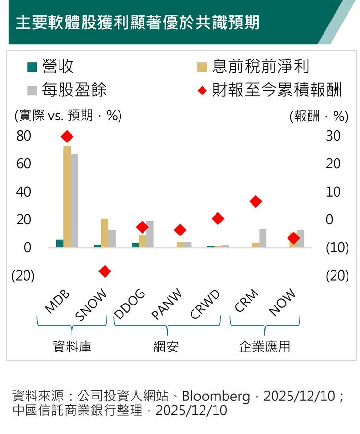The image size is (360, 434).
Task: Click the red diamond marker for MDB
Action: pyautogui.click(x=67, y=137)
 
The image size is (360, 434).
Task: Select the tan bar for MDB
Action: pyautogui.click(x=67, y=197)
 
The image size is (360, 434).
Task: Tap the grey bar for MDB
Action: pyautogui.click(x=74, y=201)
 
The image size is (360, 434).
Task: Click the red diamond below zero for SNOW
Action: pyautogui.click(x=105, y=271)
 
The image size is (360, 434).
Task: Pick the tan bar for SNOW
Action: pyautogui.click(x=105, y=233)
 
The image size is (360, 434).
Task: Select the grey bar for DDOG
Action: pyautogui.click(x=150, y=234)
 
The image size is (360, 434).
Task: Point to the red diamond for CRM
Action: pyautogui.click(x=256, y=201)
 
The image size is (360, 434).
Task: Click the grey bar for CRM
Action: pyautogui.click(x=263, y=238)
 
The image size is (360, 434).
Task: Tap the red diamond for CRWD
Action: pyautogui.click(x=218, y=219)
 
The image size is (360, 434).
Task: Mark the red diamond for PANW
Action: pyautogui.click(x=180, y=230)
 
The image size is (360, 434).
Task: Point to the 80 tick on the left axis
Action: pyautogui.click(x=24, y=136)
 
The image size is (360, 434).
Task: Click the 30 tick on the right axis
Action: pyautogui.click(x=333, y=136)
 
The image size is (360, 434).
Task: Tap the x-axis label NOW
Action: pyautogui.click(x=282, y=303)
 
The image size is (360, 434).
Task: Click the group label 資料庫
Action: pyautogui.click(x=72, y=346)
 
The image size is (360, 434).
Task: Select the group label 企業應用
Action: pyautogui.click(x=264, y=346)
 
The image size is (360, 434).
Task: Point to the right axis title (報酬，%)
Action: pyautogui.click(x=319, y=116)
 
